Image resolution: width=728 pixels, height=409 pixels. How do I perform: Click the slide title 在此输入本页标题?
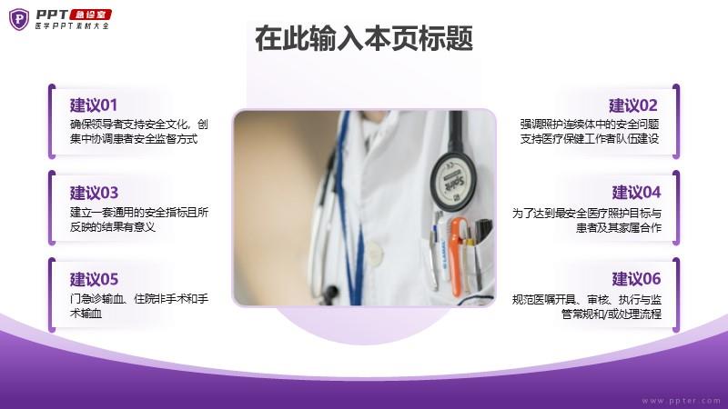pyautogui.click(x=364, y=38)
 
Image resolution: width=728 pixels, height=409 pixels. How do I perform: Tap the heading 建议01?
pyautogui.click(x=94, y=105)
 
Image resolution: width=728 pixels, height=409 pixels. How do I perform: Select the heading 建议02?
pyautogui.click(x=633, y=105)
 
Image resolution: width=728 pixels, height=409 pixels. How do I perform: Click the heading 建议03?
pyautogui.click(x=95, y=193)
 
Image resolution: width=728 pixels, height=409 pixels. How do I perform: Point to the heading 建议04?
pyautogui.click(x=636, y=192)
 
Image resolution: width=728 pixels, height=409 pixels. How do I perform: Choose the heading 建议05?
pyautogui.click(x=95, y=279)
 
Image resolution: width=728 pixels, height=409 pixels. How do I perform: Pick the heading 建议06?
pyautogui.click(x=636, y=279)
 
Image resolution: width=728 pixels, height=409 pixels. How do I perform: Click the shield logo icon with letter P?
pyautogui.click(x=19, y=19)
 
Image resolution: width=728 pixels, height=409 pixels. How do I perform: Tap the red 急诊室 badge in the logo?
pyautogui.click(x=90, y=15)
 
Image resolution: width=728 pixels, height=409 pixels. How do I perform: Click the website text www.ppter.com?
pyautogui.click(x=681, y=401)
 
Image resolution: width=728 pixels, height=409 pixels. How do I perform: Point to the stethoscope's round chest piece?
pyautogui.click(x=452, y=181)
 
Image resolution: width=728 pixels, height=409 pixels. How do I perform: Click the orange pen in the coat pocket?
pyautogui.click(x=458, y=256)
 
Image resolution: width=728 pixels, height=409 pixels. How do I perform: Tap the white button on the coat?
pyautogui.click(x=374, y=253)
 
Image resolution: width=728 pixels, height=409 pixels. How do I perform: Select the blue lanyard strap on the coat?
pyautogui.click(x=349, y=209)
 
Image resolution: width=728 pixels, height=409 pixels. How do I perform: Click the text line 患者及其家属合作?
pyautogui.click(x=619, y=227)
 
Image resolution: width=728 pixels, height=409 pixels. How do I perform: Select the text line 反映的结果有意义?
pyautogui.click(x=112, y=226)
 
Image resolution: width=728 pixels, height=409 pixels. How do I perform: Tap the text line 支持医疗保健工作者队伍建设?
pyautogui.click(x=590, y=138)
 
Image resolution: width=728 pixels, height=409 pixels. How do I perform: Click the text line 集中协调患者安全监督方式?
pyautogui.click(x=134, y=138)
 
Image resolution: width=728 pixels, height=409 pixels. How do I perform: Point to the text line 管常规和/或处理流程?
pyautogui.click(x=612, y=314)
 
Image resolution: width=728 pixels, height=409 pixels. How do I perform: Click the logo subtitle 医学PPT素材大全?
pyautogui.click(x=73, y=26)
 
